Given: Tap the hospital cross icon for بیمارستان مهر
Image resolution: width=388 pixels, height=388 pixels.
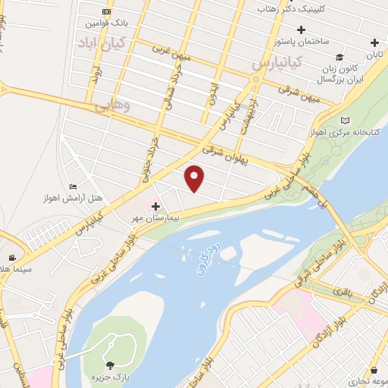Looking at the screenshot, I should pyautogui.click(x=155, y=206).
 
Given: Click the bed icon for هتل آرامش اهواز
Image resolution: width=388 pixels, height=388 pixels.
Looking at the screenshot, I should pyautogui.click(x=74, y=186).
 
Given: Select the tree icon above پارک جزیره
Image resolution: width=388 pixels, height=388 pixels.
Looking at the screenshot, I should pyautogui.click(x=111, y=366).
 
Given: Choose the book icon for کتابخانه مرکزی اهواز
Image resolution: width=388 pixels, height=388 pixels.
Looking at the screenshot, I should pyautogui.click(x=346, y=120).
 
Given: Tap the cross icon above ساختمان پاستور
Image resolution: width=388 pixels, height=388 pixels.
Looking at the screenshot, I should pyautogui.click(x=302, y=30).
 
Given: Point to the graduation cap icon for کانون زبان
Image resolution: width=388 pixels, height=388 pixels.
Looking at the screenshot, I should pyautogui.click(x=339, y=57).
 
